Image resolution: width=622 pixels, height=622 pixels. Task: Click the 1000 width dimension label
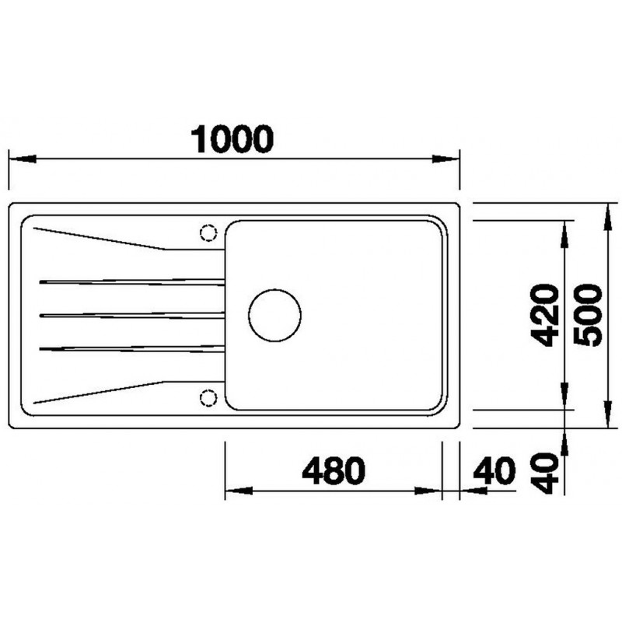[232, 139]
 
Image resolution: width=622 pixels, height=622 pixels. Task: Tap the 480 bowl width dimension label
[334, 470]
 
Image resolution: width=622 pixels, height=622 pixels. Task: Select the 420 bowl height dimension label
[545, 315]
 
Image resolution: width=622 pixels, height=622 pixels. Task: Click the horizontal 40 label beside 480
[494, 470]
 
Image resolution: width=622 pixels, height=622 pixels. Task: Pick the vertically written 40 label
[545, 473]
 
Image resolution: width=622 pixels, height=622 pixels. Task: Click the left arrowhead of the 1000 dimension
[23, 159]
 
